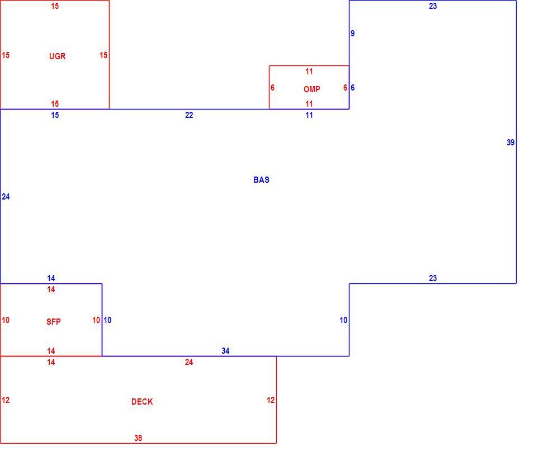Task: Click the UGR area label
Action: coord(57,56)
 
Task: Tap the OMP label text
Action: coord(312,89)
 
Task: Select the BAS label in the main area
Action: coord(262,180)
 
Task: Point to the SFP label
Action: coord(54,322)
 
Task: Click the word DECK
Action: coord(142,402)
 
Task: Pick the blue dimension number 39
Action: coord(511,142)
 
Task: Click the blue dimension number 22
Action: coord(189,115)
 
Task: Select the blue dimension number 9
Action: coord(353,34)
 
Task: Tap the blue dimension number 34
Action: coord(225,351)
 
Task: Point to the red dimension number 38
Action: coord(138,438)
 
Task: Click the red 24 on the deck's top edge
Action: coord(189,362)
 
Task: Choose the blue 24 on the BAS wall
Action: coord(6,197)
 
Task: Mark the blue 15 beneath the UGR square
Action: coord(55,115)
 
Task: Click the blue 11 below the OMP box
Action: coord(309,115)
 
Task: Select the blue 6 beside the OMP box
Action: coord(353,88)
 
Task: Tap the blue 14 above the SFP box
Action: coord(51,278)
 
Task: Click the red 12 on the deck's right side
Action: coord(271,400)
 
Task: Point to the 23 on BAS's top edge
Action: coord(433,6)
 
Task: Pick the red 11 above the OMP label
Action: coord(309,72)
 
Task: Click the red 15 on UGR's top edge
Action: coord(55,6)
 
